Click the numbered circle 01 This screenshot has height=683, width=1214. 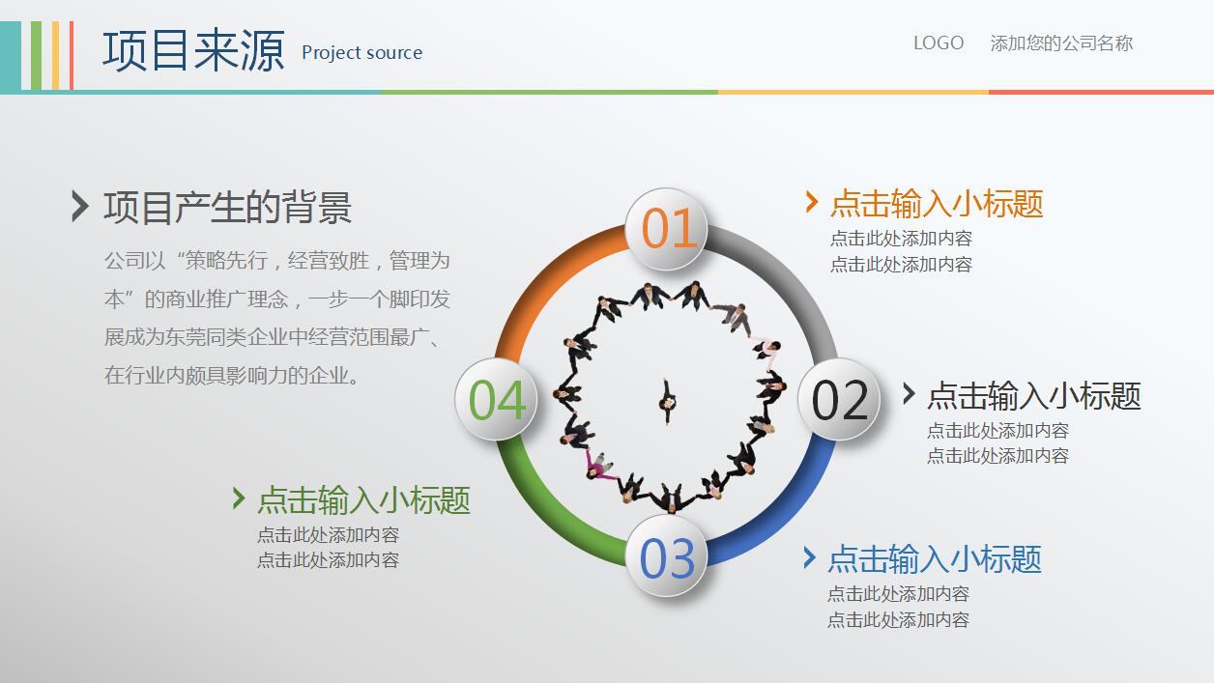click(668, 229)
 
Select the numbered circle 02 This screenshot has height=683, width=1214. click(839, 400)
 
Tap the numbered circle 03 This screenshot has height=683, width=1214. click(667, 557)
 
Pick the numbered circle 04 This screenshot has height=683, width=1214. click(496, 400)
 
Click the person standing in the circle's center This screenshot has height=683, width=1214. click(667, 402)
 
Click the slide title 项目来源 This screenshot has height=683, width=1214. click(193, 50)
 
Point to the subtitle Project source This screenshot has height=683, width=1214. click(361, 53)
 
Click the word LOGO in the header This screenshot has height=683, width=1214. click(939, 43)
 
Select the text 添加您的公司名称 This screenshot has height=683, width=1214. click(1061, 43)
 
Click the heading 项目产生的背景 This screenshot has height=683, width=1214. click(228, 207)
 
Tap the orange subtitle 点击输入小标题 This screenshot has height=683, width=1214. click(937, 204)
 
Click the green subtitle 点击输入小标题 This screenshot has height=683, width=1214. click(363, 499)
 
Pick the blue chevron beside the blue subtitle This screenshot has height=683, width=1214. click(810, 557)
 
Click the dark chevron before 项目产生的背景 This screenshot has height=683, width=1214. click(80, 206)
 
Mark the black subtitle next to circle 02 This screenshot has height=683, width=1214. click(1034, 395)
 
